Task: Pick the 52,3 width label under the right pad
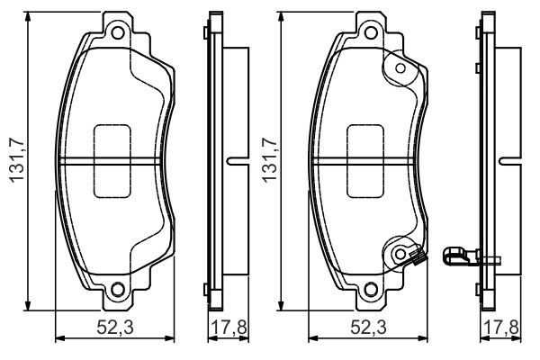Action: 365,327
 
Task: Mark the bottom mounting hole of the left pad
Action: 116,289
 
